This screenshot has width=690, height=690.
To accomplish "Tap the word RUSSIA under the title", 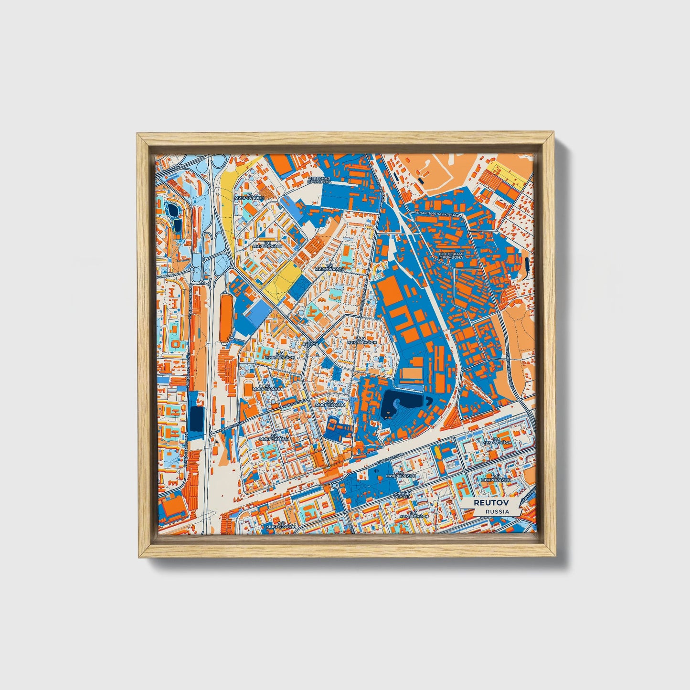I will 497,511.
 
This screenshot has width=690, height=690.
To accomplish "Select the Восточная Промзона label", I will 451,255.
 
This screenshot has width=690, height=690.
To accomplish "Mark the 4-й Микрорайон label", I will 361,340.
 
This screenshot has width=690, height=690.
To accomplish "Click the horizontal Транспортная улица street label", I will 436,214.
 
